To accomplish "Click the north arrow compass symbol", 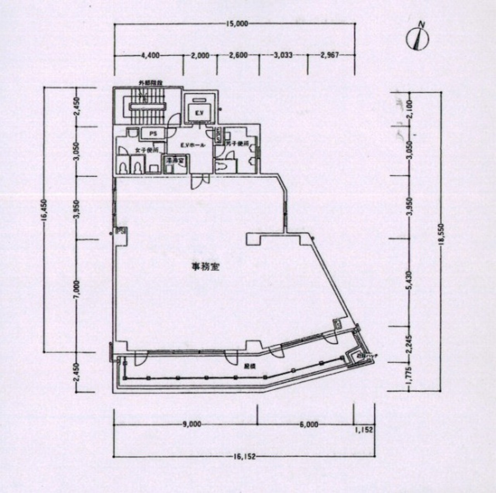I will [x=417, y=38].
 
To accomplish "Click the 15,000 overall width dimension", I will [x=237, y=24].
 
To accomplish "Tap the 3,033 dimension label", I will [x=283, y=55].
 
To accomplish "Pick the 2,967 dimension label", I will [x=330, y=55].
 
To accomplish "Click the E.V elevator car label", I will [x=199, y=112].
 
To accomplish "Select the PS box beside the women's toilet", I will [x=153, y=133].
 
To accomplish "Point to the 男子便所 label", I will [x=237, y=144].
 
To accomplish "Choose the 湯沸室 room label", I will [x=173, y=160].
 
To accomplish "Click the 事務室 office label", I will [x=206, y=267].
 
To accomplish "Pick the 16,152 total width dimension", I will [x=244, y=457].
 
